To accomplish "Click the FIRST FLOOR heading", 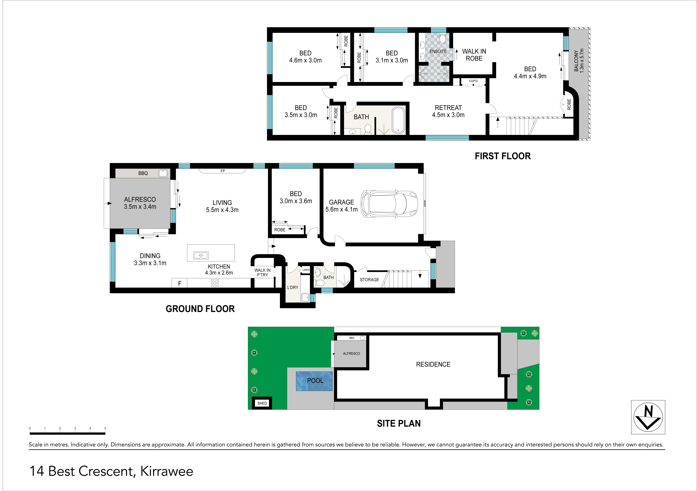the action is pos(503,156).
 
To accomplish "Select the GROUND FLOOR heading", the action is pos(200,309).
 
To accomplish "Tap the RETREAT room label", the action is pos(448,108).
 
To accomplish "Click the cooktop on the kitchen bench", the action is pos(215,283).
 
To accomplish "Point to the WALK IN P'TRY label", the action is pos(262,272).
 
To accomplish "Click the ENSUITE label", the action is pos(438,52).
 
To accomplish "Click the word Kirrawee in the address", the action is pos(167,471).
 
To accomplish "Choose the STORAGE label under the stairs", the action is pos(369,280).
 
